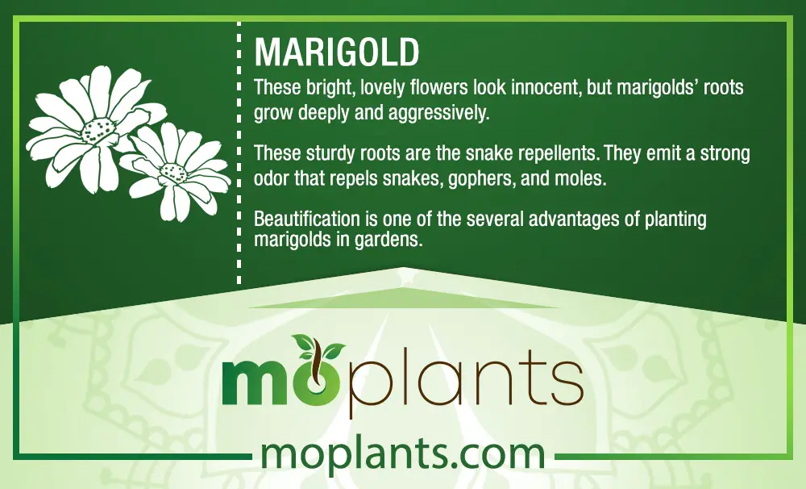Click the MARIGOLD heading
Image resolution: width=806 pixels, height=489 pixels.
pyautogui.click(x=337, y=52)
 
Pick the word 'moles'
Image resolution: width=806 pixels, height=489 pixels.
pyautogui.click(x=581, y=178)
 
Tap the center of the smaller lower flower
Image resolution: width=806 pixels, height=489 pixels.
pyautogui.click(x=173, y=173)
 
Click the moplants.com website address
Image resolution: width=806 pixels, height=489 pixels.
pyautogui.click(x=403, y=454)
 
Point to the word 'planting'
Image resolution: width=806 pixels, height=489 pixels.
pyautogui.click(x=675, y=219)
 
